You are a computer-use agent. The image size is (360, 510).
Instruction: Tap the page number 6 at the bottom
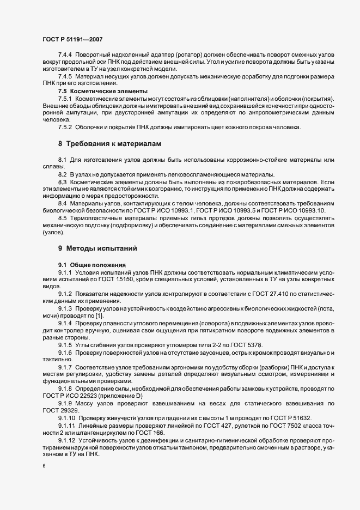[x=44, y=467]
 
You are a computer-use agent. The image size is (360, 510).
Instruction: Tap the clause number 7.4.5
[x=65, y=77]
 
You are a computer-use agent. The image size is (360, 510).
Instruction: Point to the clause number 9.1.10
[x=68, y=417]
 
